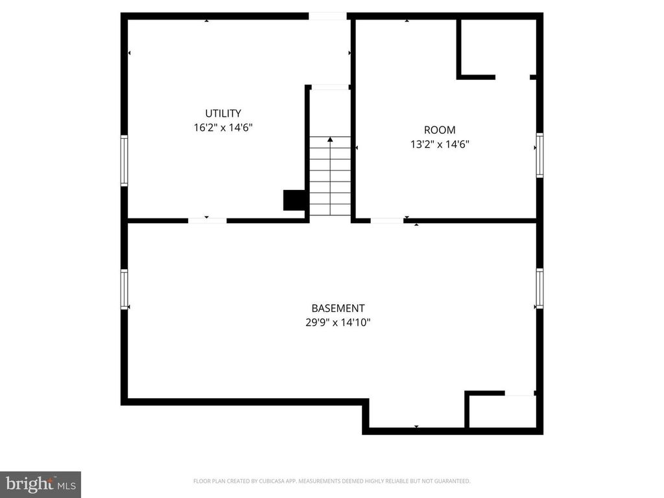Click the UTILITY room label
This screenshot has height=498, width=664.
click(223, 113)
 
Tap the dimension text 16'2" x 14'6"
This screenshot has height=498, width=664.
click(223, 128)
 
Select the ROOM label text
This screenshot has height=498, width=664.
click(440, 130)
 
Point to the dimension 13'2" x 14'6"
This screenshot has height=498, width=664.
click(440, 145)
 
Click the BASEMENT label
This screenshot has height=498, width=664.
click(338, 308)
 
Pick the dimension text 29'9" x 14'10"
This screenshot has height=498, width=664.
click(338, 323)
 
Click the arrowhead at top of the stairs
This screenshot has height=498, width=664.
click(330, 139)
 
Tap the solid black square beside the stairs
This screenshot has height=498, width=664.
click(294, 200)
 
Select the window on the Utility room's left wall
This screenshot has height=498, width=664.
click(124, 161)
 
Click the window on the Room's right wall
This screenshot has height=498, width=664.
click(539, 155)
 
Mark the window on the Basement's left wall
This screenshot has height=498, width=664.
click(124, 289)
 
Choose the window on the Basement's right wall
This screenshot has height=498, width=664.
click(539, 288)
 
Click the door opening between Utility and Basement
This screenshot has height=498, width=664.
click(207, 220)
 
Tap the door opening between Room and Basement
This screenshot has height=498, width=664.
click(387, 220)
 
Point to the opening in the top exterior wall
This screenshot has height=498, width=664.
click(327, 16)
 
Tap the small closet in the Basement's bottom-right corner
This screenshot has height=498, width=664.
click(503, 410)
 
